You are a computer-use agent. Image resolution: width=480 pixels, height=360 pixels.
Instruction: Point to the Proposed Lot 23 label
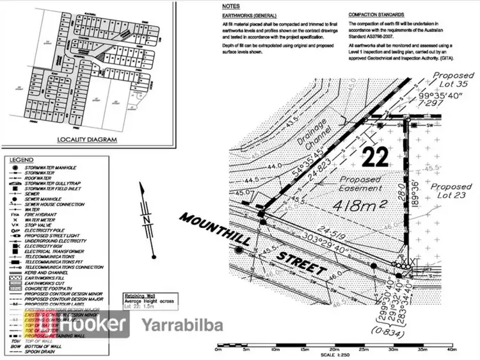[x=451, y=193]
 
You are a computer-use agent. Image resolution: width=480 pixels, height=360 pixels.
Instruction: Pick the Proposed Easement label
[x=360, y=184]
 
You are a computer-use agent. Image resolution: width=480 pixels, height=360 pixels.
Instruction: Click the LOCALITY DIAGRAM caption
[x=88, y=140]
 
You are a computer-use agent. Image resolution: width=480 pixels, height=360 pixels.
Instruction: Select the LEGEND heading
[x=20, y=159]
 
